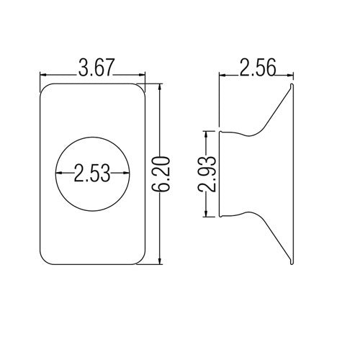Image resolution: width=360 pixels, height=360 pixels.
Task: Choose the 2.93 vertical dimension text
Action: click(208, 174)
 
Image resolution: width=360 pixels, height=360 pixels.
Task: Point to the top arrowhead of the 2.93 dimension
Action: click(208, 135)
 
